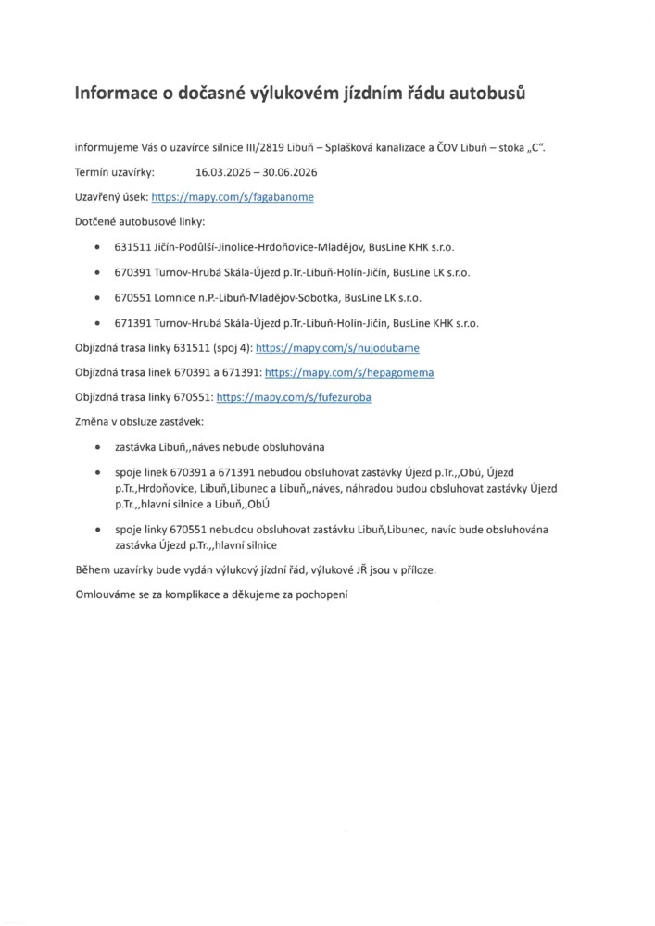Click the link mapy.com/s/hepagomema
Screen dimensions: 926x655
(349, 372)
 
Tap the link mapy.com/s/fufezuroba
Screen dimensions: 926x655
(295, 396)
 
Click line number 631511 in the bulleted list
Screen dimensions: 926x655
(133, 248)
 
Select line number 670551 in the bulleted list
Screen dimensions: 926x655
(133, 298)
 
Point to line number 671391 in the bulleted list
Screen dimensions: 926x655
(133, 323)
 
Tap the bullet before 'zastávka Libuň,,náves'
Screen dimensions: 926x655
(99, 446)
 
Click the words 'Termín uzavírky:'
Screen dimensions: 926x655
(115, 172)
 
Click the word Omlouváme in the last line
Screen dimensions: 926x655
(106, 594)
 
